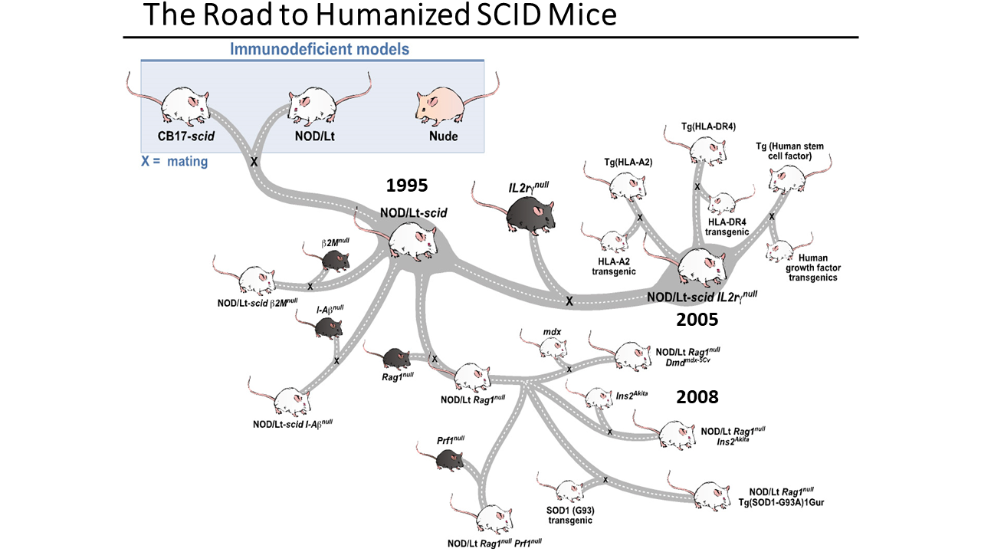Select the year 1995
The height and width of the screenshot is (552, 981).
point(407,185)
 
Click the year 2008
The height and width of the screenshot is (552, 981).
point(697,396)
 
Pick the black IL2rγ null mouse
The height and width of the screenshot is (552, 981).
point(531,210)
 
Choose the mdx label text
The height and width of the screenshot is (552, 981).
point(552,332)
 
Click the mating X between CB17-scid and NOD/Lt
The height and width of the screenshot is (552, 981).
point(254,163)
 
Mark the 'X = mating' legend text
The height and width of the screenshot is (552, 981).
point(174,162)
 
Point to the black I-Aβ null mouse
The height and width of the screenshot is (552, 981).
point(329,327)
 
